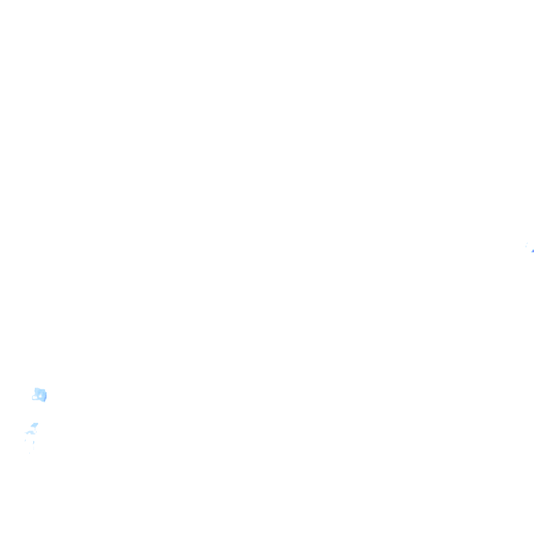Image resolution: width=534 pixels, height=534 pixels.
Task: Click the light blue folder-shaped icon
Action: pyautogui.click(x=40, y=395)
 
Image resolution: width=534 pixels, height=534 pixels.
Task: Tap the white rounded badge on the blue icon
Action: pyautogui.click(x=35, y=397)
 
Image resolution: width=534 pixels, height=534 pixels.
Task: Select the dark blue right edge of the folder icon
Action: pyautogui.click(x=45, y=396)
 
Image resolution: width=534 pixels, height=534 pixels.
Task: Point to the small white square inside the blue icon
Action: pyautogui.click(x=41, y=396)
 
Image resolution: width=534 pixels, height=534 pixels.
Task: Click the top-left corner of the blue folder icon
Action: pyautogui.click(x=35, y=389)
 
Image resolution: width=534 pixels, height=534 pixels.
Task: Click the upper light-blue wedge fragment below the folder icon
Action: pyautogui.click(x=34, y=425)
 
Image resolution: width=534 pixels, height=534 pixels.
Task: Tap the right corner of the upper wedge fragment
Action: pyautogui.click(x=38, y=423)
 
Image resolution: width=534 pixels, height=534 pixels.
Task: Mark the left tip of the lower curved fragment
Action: pyautogui.click(x=26, y=434)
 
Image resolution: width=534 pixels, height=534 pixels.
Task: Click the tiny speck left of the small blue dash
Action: pyautogui.click(x=26, y=439)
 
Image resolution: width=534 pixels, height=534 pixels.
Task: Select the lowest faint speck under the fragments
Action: pyautogui.click(x=30, y=453)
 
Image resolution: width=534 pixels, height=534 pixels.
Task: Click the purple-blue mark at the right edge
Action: pyautogui.click(x=533, y=250)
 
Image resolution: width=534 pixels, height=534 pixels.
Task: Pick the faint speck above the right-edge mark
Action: pyautogui.click(x=528, y=243)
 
